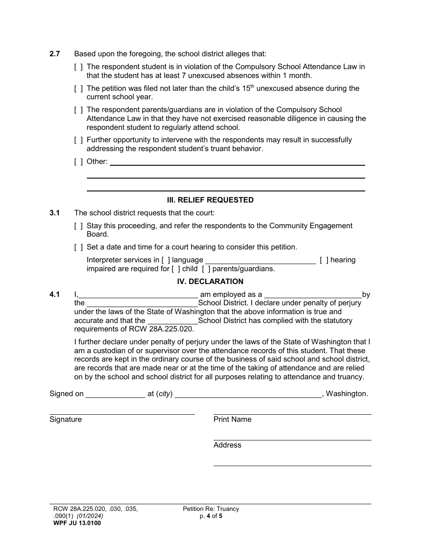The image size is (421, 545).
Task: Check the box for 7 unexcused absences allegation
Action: click(x=78, y=67)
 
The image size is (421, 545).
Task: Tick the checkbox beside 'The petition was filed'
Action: click(x=78, y=89)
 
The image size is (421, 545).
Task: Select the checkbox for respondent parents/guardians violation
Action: click(x=78, y=110)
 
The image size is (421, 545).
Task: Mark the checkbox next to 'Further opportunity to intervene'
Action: click(x=78, y=140)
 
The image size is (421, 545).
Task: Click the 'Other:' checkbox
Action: click(x=78, y=162)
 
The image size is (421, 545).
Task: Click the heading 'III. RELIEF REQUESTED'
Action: click(x=210, y=200)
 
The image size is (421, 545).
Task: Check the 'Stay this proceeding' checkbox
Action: click(x=78, y=226)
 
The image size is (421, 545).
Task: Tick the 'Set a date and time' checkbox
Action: click(x=78, y=247)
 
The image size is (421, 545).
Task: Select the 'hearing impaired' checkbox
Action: click(x=324, y=260)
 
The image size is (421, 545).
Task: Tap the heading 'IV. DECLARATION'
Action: click(x=210, y=281)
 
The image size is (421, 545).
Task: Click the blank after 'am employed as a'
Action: click(x=313, y=295)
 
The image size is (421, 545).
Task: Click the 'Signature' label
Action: click(x=66, y=420)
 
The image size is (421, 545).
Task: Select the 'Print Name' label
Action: click(x=232, y=420)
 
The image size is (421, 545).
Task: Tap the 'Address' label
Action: click(x=227, y=445)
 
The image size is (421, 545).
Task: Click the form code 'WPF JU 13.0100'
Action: click(x=75, y=523)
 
